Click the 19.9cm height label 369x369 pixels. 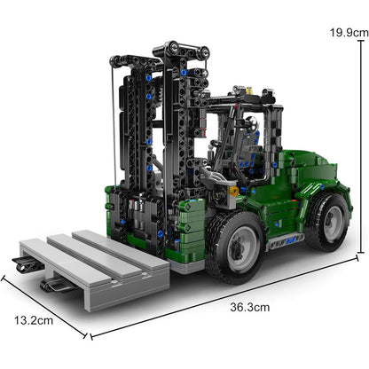pos(345,31)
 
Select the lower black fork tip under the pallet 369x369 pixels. pos(55,285)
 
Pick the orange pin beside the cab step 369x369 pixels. pos(234,190)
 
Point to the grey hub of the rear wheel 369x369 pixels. pos(329,218)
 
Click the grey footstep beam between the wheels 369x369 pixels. pos(286,240)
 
